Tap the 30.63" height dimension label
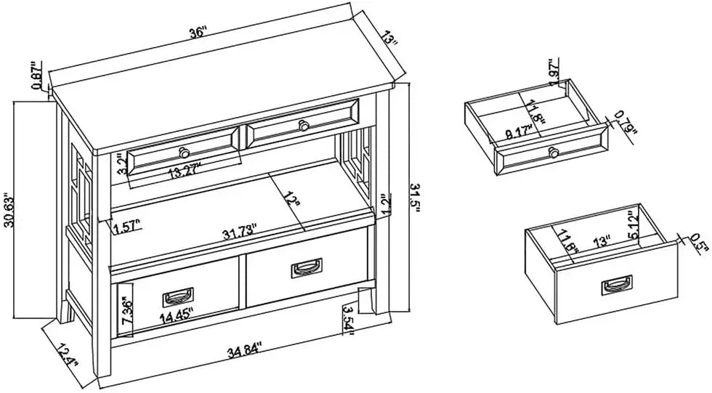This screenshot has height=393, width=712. pyautogui.click(x=9, y=211)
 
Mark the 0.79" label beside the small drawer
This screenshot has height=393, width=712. pyautogui.click(x=623, y=123)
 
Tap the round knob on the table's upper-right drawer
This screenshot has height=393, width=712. pyautogui.click(x=304, y=126)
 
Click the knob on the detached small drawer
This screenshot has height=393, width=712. pyautogui.click(x=554, y=151)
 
